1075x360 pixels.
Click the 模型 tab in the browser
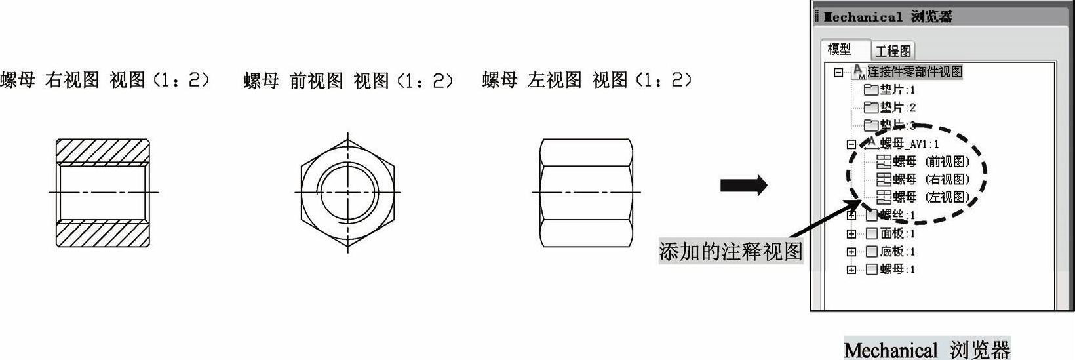pyautogui.click(x=839, y=49)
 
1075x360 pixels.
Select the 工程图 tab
pyautogui.click(x=893, y=50)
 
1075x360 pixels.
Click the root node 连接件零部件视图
pyautogui.click(x=914, y=71)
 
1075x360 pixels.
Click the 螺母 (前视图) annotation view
pyautogui.click(x=931, y=161)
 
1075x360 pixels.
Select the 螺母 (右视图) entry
pyautogui.click(x=931, y=179)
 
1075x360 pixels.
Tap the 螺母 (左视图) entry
pyautogui.click(x=931, y=197)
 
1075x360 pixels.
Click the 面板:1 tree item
pyautogui.click(x=897, y=233)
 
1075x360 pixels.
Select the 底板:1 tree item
pyautogui.click(x=897, y=251)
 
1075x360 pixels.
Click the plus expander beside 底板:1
pyautogui.click(x=851, y=252)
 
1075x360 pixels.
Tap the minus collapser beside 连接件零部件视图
pyautogui.click(x=838, y=72)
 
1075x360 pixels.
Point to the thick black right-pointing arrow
pyautogui.click(x=743, y=186)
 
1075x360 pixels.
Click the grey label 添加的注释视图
pyautogui.click(x=730, y=251)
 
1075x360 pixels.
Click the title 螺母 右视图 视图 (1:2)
pyautogui.click(x=105, y=81)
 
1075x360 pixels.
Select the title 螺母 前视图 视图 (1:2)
pyautogui.click(x=348, y=81)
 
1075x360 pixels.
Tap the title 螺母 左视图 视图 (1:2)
pyautogui.click(x=587, y=81)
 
